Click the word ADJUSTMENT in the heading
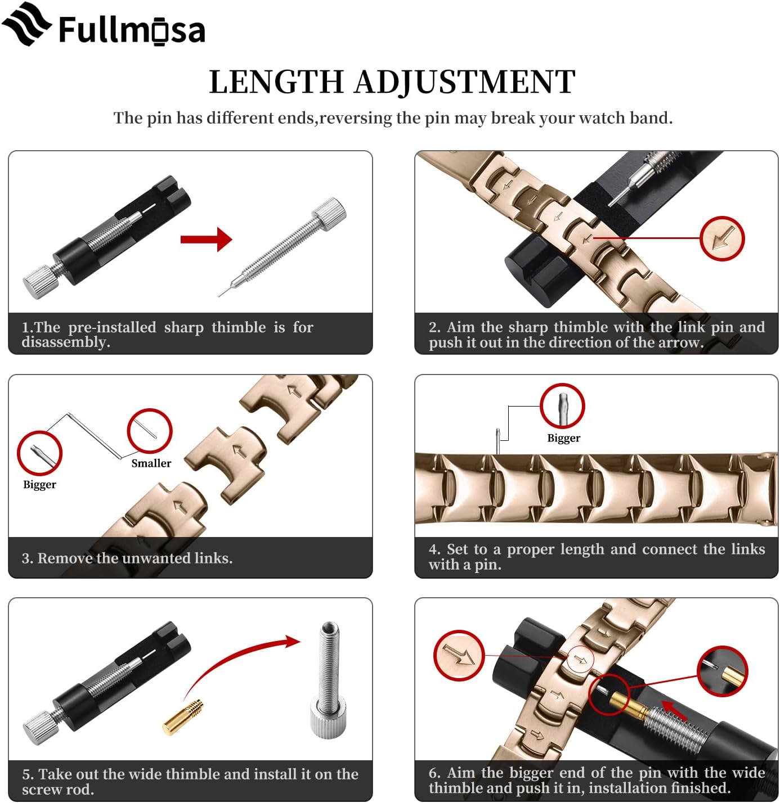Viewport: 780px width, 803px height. click(x=464, y=82)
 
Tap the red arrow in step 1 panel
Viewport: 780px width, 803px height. click(x=206, y=240)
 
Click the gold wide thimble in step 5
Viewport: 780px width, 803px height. click(x=183, y=718)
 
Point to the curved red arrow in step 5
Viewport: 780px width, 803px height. click(x=242, y=658)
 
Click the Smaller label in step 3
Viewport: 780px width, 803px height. click(x=151, y=463)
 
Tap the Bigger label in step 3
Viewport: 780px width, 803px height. click(x=39, y=485)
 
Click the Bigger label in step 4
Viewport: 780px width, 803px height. click(x=563, y=438)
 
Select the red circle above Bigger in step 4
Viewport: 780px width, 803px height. click(x=562, y=406)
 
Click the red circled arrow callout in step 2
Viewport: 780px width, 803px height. click(x=722, y=238)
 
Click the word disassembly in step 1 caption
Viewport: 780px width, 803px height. click(x=65, y=342)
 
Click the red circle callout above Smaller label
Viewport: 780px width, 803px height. click(x=149, y=431)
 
